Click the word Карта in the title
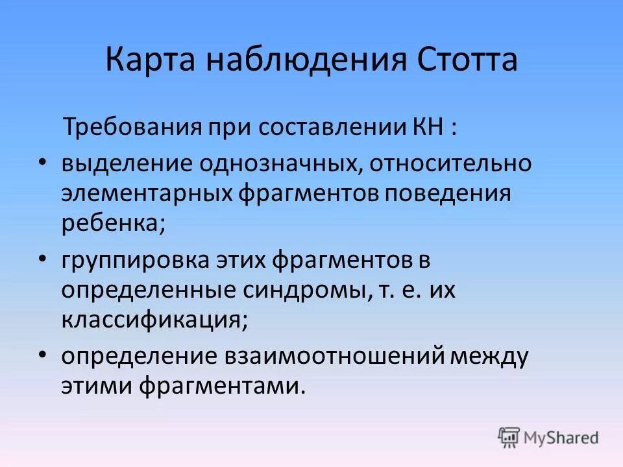point(149,60)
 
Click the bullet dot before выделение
point(42,162)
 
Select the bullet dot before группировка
point(42,259)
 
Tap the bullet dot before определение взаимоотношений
point(42,355)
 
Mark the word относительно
point(451,163)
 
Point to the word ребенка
point(113,224)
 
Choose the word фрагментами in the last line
point(220,387)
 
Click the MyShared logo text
point(561,438)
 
